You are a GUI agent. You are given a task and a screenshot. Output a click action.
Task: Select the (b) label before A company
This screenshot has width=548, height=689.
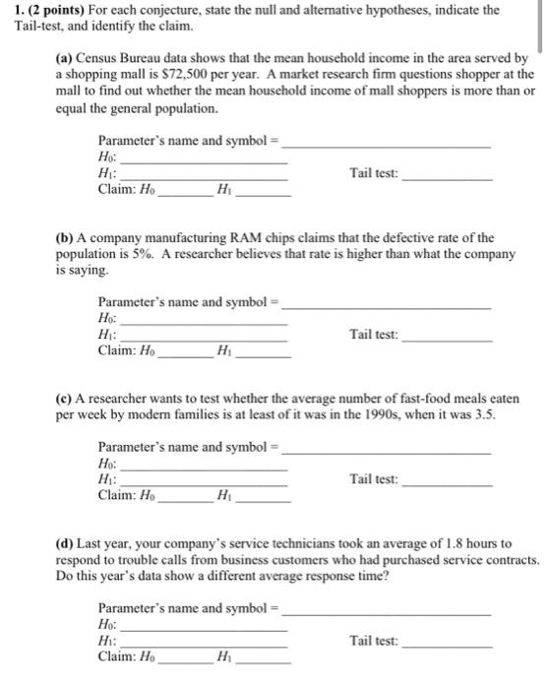point(65,238)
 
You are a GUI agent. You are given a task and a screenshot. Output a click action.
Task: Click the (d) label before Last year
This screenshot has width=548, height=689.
point(65,543)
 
